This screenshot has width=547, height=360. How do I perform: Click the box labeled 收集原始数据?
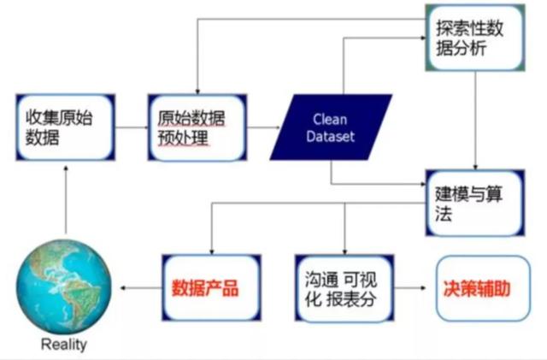point(66,127)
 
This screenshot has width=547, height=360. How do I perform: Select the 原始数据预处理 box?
point(197,127)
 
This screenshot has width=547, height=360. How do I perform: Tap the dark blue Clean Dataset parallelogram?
point(331,127)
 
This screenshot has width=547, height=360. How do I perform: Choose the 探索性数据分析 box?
point(475,38)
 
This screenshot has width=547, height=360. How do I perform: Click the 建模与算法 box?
point(475,203)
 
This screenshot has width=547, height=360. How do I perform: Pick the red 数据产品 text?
point(205,288)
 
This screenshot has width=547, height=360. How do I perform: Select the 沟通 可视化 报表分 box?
point(344,288)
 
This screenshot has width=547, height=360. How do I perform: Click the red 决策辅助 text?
point(477,288)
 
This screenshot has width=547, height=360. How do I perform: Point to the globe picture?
point(64,286)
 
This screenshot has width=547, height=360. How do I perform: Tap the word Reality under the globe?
point(64,345)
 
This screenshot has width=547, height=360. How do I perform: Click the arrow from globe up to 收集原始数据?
point(66,200)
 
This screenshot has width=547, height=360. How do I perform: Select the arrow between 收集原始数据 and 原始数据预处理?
point(132,127)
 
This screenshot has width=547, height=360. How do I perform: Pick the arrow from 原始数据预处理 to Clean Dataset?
point(264,127)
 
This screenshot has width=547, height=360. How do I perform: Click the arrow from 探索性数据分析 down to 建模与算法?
point(475,121)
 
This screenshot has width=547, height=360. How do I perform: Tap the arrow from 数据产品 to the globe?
point(141,288)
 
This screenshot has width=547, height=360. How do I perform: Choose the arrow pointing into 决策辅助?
point(410,288)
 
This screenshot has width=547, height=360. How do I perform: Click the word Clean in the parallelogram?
point(330,120)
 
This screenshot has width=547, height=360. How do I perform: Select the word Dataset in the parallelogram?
point(331,136)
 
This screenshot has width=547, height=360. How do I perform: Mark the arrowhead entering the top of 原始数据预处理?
point(197,91)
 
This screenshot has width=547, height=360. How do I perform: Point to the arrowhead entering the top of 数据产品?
point(211,251)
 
